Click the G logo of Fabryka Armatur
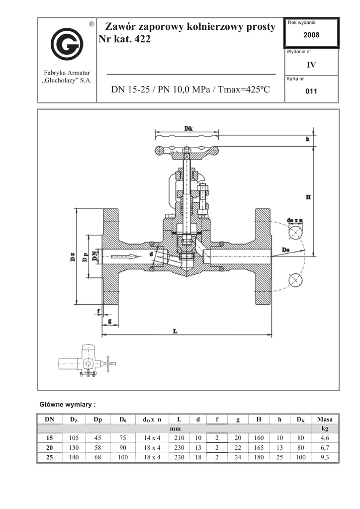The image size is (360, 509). pyautogui.click(x=67, y=44)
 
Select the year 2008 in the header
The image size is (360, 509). pyautogui.click(x=311, y=35)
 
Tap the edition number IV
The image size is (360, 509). pyautogui.click(x=311, y=65)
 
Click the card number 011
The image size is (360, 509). pyautogui.click(x=311, y=91)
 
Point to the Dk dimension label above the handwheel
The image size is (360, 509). pyautogui.click(x=188, y=129)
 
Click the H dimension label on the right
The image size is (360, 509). pyautogui.click(x=308, y=197)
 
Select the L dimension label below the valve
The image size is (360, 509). pyautogui.click(x=176, y=331)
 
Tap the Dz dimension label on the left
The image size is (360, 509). pyautogui.click(x=73, y=257)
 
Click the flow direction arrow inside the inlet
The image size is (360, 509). pyautogui.click(x=125, y=256)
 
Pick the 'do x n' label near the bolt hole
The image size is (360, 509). pyautogui.click(x=295, y=220)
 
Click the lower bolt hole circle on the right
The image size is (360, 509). pyautogui.click(x=295, y=280)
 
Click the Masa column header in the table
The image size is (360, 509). pyautogui.click(x=325, y=420)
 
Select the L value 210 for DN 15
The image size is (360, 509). pyautogui.click(x=179, y=438)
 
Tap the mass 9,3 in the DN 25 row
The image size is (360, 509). pyautogui.click(x=325, y=457)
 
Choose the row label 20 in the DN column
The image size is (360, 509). pyautogui.click(x=49, y=447)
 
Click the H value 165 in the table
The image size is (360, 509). pyautogui.click(x=259, y=447)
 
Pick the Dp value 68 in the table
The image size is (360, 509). pyautogui.click(x=98, y=457)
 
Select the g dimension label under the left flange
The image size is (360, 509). pyautogui.click(x=110, y=321)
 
